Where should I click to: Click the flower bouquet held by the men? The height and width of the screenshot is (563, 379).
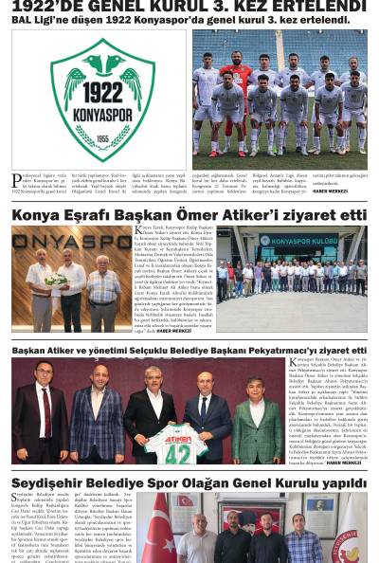tap(56, 281)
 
